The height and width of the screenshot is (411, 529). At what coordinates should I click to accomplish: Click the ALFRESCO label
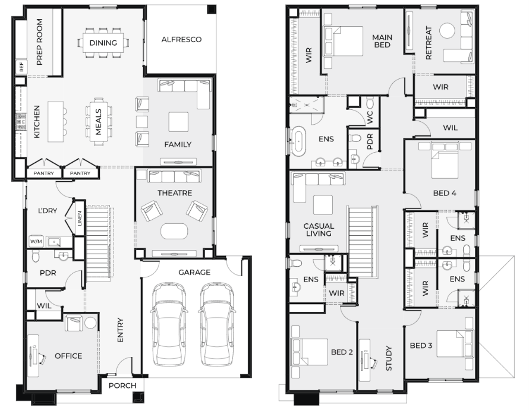click(x=181, y=39)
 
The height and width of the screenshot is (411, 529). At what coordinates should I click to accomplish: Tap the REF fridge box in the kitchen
click(x=21, y=67)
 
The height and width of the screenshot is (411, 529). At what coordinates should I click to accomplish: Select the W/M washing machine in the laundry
click(x=36, y=241)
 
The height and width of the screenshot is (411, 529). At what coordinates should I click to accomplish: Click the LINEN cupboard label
click(x=80, y=218)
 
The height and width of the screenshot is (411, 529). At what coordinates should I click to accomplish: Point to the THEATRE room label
click(x=175, y=193)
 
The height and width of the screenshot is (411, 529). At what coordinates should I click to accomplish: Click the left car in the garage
click(x=168, y=324)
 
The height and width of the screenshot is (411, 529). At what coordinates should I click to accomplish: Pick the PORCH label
click(x=122, y=385)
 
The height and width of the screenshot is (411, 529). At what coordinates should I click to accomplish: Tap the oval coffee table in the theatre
click(x=174, y=231)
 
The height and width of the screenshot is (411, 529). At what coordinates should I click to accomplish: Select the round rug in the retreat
click(x=448, y=31)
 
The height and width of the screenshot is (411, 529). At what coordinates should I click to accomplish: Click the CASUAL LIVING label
click(x=319, y=230)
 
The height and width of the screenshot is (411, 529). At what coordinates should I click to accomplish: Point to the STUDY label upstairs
click(x=389, y=358)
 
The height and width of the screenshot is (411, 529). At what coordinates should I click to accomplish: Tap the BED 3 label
click(x=421, y=346)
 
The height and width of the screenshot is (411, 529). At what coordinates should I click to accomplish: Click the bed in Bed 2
click(x=309, y=352)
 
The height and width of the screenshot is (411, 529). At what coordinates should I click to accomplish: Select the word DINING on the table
click(x=103, y=43)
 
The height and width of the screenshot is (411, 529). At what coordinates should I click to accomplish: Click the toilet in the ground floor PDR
click(x=36, y=257)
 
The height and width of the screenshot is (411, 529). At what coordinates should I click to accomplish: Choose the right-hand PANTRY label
click(x=80, y=173)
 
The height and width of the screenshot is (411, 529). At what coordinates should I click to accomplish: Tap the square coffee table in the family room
click(x=178, y=122)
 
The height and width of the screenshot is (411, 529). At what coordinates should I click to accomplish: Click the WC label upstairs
click(x=370, y=118)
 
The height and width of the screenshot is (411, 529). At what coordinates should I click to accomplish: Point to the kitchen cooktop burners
click(x=21, y=122)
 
